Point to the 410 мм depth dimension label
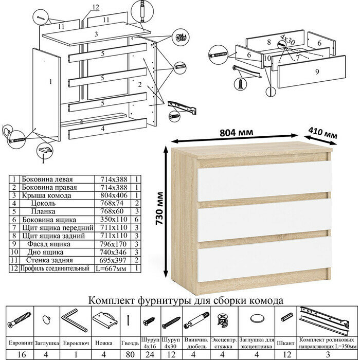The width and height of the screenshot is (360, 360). (x=323, y=134)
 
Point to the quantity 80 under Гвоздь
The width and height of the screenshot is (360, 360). (x=129, y=353)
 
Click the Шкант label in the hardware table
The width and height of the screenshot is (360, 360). (x=284, y=340)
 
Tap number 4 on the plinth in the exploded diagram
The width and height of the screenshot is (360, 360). (x=103, y=128)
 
